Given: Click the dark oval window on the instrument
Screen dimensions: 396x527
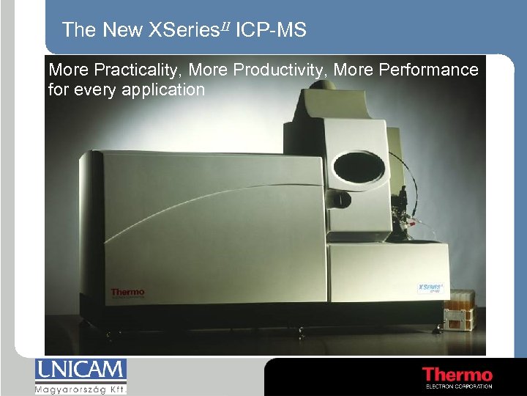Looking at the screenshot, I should click(x=359, y=166).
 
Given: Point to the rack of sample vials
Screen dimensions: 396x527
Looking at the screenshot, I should click(x=459, y=312).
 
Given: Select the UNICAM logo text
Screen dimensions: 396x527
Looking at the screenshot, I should click(x=81, y=370).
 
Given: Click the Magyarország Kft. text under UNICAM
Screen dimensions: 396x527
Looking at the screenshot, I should click(x=81, y=388).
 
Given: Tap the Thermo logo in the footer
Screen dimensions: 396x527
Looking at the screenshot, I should click(x=457, y=375).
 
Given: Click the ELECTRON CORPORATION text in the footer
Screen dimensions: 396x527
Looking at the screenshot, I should click(x=458, y=386).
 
